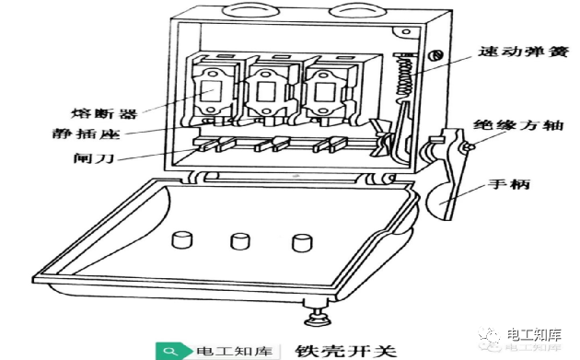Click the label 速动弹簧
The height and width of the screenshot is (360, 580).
click(x=523, y=51)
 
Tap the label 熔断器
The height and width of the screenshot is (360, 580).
click(x=104, y=113)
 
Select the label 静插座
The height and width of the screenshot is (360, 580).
click(x=87, y=134)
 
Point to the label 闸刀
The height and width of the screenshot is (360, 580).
click(x=93, y=158)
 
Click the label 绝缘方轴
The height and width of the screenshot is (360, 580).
click(x=518, y=125)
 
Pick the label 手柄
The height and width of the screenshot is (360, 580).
click(x=509, y=184)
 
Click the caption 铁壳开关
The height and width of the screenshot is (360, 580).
click(x=345, y=351)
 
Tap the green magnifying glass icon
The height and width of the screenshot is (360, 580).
click(x=170, y=351)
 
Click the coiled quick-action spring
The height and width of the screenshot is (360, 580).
click(x=404, y=77)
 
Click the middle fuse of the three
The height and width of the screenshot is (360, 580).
click(x=265, y=92)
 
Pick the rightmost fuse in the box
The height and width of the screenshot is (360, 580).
click(x=323, y=92)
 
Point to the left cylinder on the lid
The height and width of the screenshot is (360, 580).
click(x=182, y=239)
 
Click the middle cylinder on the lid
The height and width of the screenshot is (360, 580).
click(x=240, y=241)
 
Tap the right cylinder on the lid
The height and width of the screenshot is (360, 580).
click(x=302, y=243)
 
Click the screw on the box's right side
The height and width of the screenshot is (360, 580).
click(x=435, y=56)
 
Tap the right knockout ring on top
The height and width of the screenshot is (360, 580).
click(x=358, y=10)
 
